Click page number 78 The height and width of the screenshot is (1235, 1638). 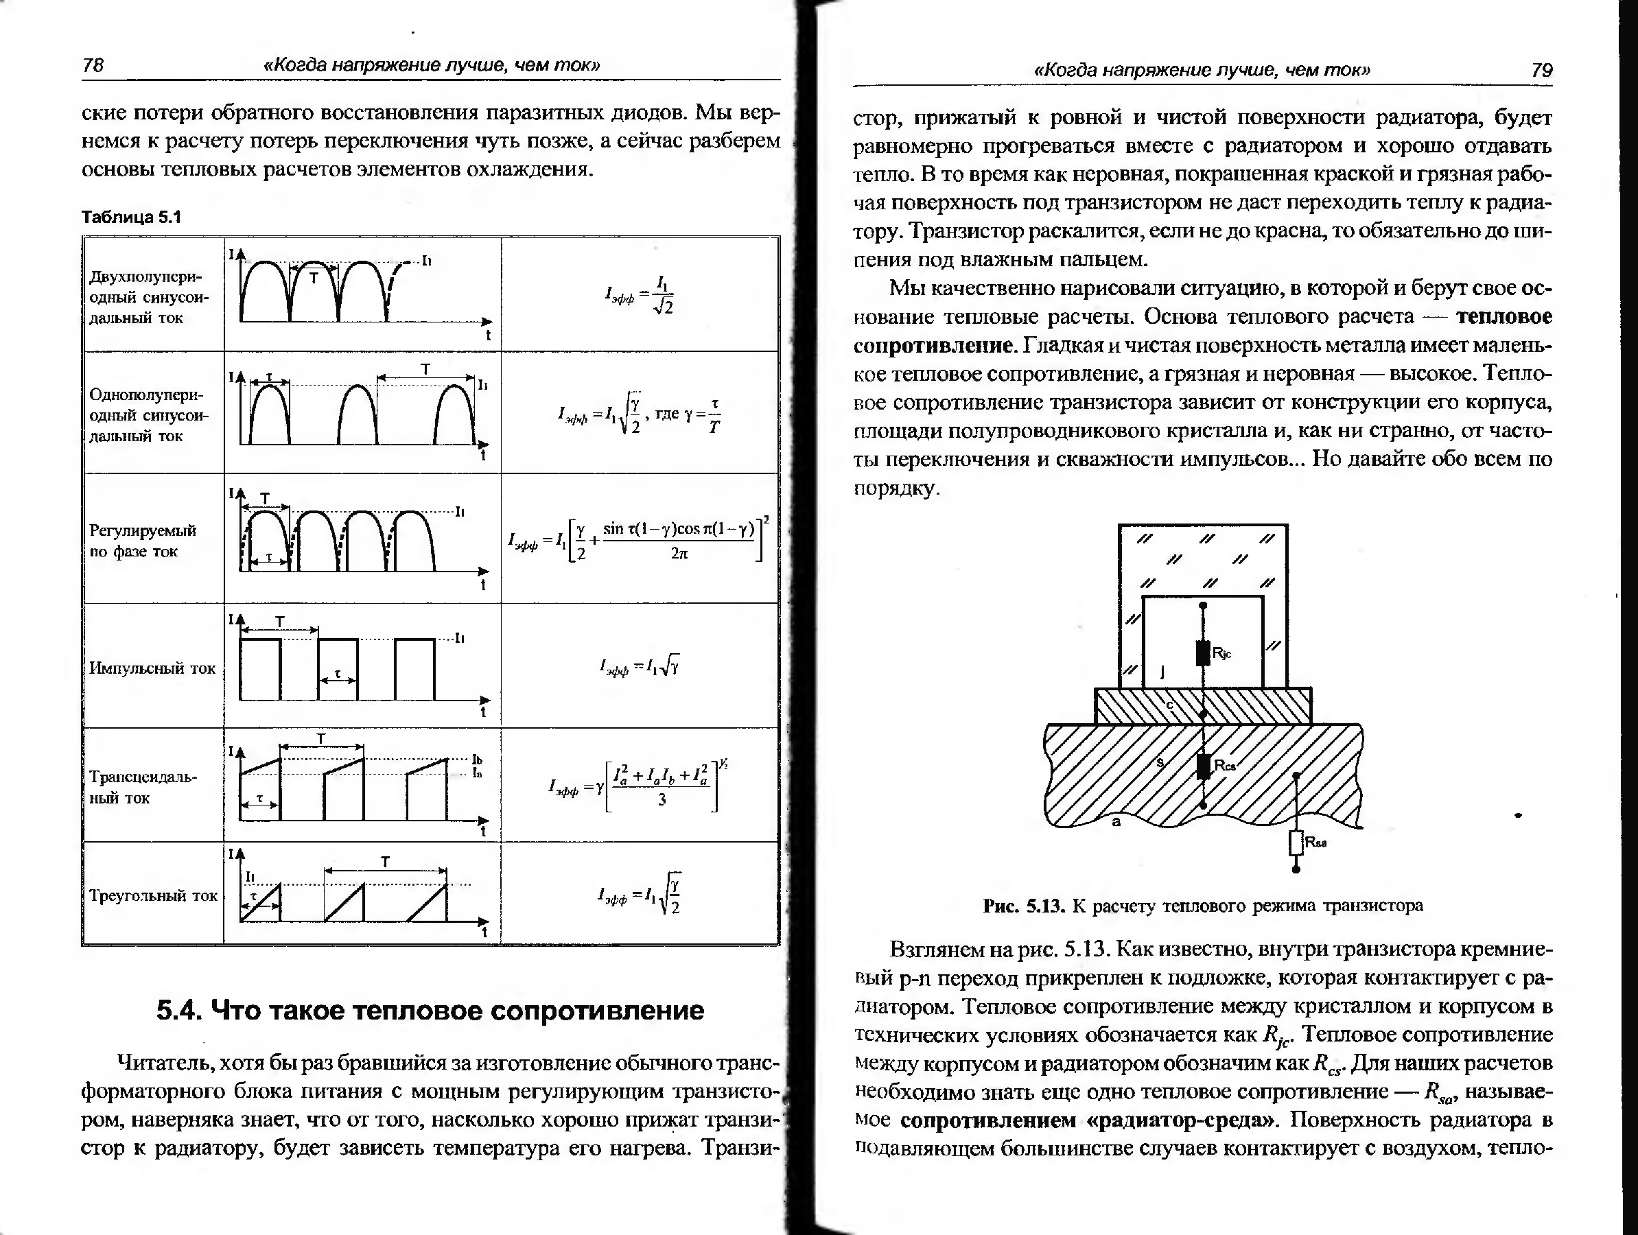coord(93,65)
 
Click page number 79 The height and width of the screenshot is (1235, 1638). coord(1541,71)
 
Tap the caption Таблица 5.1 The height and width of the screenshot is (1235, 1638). coord(131,217)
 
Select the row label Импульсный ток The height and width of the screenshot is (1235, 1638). coord(152,668)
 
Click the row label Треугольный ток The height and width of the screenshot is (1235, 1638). coord(153,895)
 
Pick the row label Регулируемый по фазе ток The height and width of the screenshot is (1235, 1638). coord(143,541)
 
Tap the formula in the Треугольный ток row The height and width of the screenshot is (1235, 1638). coord(639,895)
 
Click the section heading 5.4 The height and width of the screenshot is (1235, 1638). coord(430,1010)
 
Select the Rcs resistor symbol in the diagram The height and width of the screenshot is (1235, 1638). coord(1204,766)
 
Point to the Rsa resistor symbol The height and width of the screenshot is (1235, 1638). coord(1296,843)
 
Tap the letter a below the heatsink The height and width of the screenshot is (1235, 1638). coord(1116,821)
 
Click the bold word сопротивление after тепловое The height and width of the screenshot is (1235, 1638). coord(933,346)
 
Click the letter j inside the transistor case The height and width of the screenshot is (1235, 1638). coord(1162,672)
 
